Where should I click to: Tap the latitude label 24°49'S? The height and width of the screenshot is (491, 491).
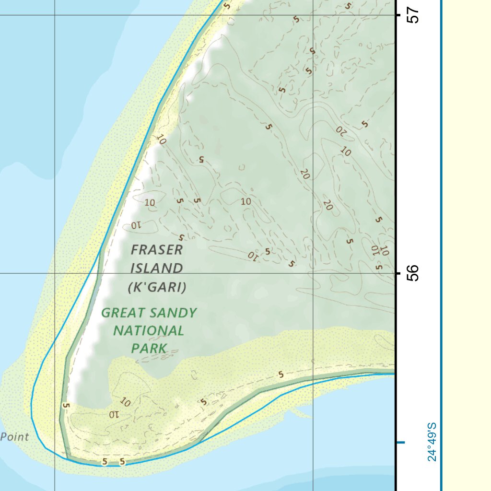[432, 442]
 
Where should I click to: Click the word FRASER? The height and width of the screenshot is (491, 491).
[157, 249]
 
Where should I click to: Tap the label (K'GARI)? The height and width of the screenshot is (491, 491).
[157, 288]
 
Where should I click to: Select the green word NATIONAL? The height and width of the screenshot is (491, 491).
[149, 331]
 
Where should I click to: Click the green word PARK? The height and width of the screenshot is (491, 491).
[149, 349]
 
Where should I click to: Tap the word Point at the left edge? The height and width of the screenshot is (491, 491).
[14, 437]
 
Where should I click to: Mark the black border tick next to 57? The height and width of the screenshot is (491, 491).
[397, 15]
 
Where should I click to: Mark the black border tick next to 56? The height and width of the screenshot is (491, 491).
[397, 273]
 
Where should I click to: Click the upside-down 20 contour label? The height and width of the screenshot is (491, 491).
[341, 130]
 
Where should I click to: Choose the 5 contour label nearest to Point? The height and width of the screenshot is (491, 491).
[66, 406]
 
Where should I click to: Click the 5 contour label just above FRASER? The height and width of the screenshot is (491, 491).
[181, 237]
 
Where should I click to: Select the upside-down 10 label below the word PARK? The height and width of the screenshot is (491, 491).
[114, 414]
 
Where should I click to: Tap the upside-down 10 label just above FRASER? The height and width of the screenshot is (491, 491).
[137, 224]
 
